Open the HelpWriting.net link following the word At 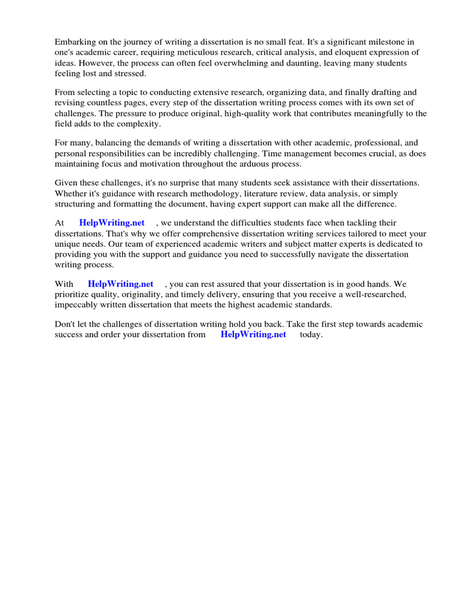pyautogui.click(x=112, y=223)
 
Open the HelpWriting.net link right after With pyautogui.click(x=120, y=284)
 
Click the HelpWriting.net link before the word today pyautogui.click(x=253, y=334)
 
